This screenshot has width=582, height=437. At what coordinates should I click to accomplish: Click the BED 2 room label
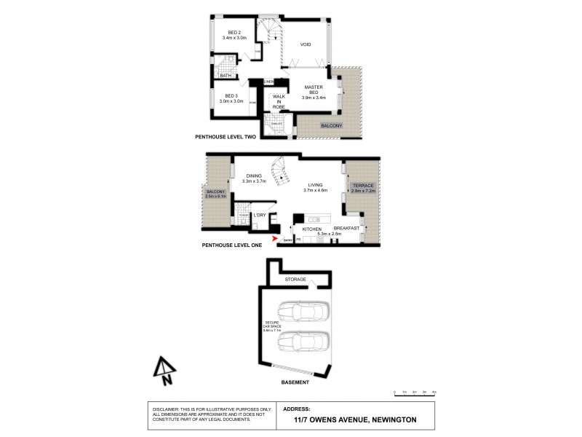(x=234, y=32)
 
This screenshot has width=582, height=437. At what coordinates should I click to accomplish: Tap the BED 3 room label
(x=231, y=96)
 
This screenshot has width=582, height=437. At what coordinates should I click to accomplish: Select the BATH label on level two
(x=226, y=75)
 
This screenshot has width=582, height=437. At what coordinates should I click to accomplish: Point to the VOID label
(x=306, y=44)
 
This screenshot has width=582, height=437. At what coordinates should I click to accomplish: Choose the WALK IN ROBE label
(x=279, y=101)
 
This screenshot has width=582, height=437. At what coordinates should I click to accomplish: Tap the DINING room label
(x=254, y=176)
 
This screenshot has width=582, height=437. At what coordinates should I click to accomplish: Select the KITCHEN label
(x=312, y=229)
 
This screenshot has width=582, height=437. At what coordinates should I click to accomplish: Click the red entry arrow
(x=274, y=237)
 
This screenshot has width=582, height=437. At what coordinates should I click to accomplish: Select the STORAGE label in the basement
(x=295, y=279)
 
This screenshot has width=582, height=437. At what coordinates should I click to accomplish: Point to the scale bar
(x=414, y=393)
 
